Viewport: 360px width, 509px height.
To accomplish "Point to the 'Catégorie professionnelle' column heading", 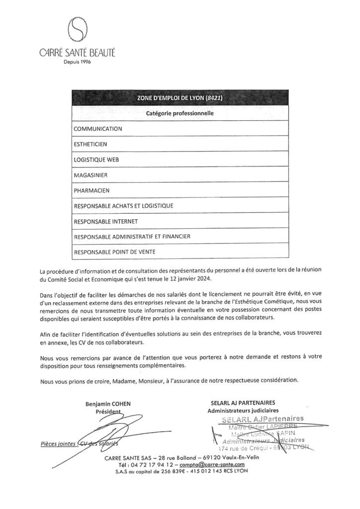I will point(180,113).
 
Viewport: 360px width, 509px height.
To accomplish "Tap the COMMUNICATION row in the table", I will point(97,129).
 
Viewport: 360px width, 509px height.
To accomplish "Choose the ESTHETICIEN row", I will point(90,144).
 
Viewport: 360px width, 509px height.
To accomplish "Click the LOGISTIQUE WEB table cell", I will point(96,160).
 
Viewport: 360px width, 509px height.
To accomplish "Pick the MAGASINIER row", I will point(90,175).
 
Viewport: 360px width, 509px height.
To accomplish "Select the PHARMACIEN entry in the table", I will point(91,190).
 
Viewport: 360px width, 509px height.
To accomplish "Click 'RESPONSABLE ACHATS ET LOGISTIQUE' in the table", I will point(123,205).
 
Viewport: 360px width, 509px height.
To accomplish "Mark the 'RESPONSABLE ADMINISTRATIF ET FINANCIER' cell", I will point(132,237).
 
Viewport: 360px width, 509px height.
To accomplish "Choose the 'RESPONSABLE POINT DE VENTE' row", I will point(114,252).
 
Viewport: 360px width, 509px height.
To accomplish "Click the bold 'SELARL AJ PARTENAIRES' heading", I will point(243,402).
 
